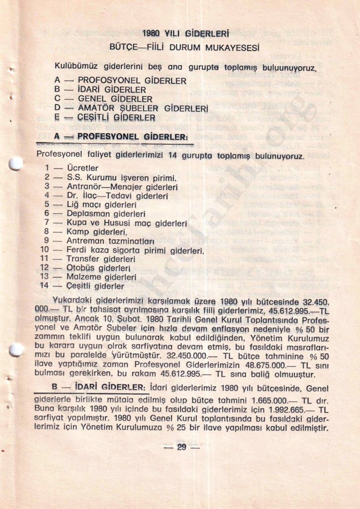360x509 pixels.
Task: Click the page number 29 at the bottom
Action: pyautogui.click(x=181, y=447)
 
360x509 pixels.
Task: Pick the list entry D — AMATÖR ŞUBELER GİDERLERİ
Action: pyautogui.click(x=131, y=108)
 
